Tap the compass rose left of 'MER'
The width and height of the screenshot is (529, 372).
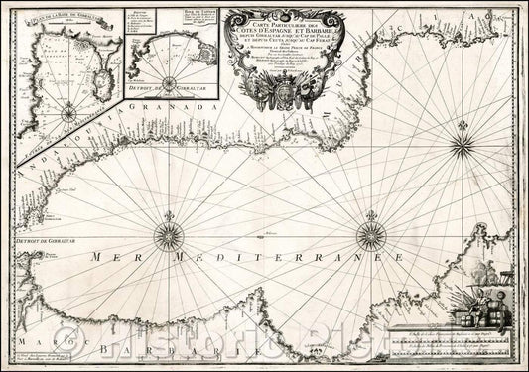pos(162,236)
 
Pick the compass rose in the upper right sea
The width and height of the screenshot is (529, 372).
pos(462,149)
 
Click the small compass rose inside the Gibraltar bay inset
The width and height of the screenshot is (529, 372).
pos(66,114)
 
